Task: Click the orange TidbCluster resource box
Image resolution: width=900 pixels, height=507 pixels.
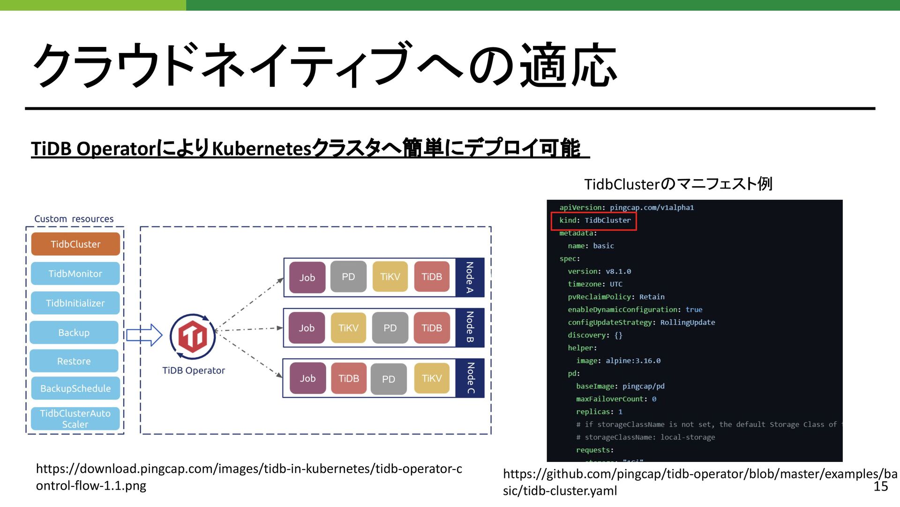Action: click(x=75, y=244)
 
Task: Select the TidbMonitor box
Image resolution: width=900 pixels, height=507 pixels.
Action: click(x=75, y=273)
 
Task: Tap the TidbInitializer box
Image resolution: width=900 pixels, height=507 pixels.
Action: click(x=75, y=303)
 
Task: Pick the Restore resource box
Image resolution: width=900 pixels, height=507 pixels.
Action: click(x=74, y=361)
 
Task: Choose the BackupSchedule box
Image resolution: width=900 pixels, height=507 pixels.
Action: click(x=75, y=388)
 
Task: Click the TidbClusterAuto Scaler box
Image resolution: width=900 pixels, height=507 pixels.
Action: click(x=75, y=418)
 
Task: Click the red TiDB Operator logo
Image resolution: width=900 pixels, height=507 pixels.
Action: click(x=193, y=337)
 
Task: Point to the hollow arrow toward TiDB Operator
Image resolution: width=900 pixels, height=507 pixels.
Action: click(x=144, y=335)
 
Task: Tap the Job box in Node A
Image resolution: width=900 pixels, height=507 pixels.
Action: click(x=307, y=278)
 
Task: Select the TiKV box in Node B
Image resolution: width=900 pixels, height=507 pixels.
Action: click(x=348, y=328)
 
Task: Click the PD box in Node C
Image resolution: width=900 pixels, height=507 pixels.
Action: click(x=389, y=379)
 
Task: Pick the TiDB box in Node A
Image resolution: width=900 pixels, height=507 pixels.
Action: click(x=432, y=277)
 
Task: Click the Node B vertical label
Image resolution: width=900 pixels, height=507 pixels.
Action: click(x=470, y=327)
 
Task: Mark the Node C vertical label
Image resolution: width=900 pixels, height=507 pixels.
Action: click(x=470, y=378)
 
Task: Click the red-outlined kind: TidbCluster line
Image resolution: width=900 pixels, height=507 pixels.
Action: click(x=594, y=220)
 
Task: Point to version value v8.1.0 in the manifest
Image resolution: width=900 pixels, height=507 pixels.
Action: click(x=618, y=272)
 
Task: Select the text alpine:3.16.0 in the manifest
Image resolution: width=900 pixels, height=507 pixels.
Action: click(x=633, y=361)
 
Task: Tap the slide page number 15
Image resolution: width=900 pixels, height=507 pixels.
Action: click(x=881, y=486)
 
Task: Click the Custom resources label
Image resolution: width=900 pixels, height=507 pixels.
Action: click(x=74, y=219)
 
